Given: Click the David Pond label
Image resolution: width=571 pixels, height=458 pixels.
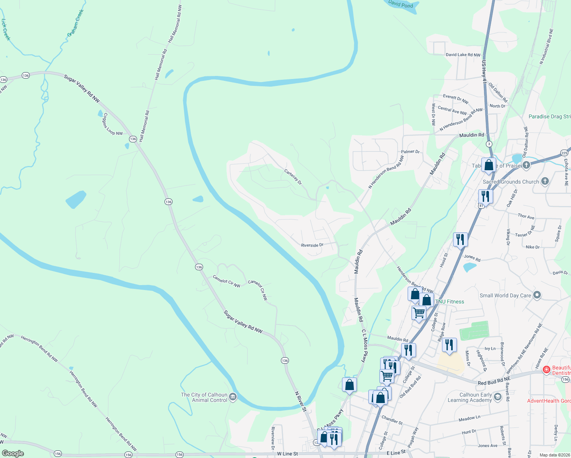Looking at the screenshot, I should click(401, 5).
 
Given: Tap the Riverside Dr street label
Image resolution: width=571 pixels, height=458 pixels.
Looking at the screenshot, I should click(312, 245).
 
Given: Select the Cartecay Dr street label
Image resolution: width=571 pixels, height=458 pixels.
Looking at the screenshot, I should click(293, 177).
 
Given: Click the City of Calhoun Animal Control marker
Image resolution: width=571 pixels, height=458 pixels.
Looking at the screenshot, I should click(233, 397).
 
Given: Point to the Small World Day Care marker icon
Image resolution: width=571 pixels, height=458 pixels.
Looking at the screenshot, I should click(537, 295).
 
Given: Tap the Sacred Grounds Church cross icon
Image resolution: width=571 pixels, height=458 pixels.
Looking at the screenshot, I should click(545, 181).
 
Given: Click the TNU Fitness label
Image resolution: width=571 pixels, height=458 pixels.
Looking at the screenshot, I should click(450, 302).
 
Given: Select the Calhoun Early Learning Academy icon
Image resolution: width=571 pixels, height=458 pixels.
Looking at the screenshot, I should click(497, 397).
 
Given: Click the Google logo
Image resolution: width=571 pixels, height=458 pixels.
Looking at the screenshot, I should click(13, 453).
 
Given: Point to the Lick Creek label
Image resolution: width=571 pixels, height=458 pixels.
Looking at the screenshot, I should click(5, 30).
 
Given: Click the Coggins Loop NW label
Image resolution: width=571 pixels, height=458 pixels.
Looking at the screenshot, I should click(113, 124).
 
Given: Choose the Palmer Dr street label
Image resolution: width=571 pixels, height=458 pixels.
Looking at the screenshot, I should click(410, 152).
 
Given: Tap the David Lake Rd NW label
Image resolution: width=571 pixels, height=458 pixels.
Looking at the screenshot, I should click(463, 55).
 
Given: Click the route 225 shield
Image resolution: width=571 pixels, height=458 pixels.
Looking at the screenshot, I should click(565, 153).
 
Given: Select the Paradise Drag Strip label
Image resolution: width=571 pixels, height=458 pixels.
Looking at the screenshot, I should click(549, 116).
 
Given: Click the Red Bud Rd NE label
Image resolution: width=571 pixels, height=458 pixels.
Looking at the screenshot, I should click(494, 381).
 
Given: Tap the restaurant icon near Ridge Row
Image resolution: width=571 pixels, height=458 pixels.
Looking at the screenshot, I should click(449, 345).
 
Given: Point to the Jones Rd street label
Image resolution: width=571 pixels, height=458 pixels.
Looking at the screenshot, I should click(472, 258).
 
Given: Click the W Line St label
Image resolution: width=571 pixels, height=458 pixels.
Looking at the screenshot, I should click(287, 453).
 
